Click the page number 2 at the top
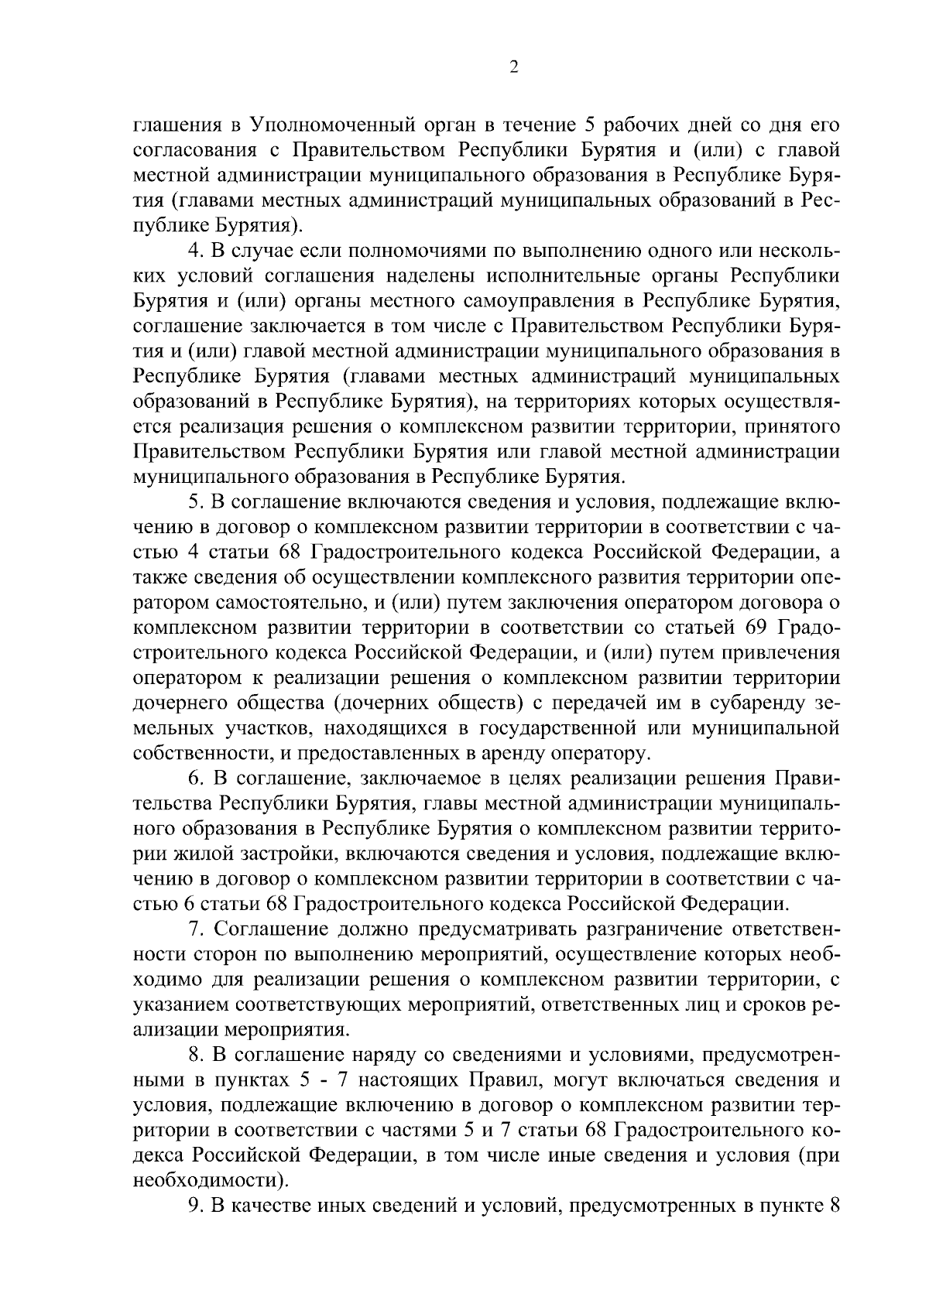(x=513, y=67)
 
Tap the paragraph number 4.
(x=195, y=252)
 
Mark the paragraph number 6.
(x=195, y=777)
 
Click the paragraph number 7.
(x=195, y=928)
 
